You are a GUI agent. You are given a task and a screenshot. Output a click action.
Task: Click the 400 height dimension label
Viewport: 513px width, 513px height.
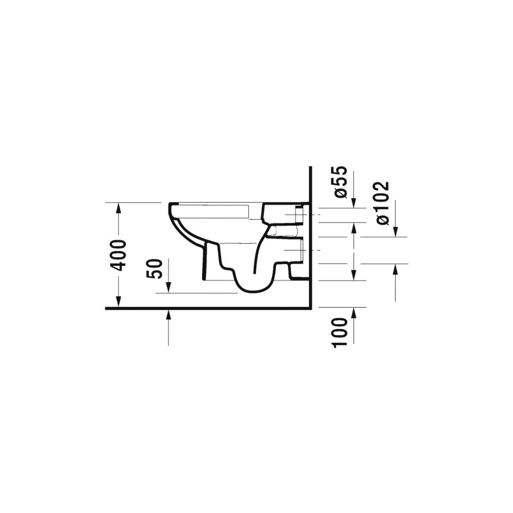118,255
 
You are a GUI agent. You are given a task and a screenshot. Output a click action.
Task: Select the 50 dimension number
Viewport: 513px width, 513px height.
155,269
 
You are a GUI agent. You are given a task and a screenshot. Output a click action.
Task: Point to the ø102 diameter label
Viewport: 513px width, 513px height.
382,203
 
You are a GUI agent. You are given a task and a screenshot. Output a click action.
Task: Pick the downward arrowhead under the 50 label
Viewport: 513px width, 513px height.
168,288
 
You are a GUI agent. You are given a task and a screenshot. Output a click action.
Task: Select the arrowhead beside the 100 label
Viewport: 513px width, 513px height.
353,313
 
